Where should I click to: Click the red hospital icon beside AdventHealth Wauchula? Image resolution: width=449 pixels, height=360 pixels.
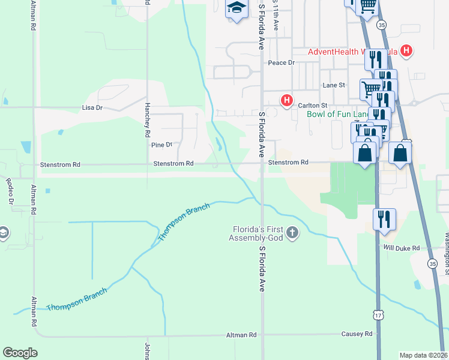pyautogui.click(x=407, y=51)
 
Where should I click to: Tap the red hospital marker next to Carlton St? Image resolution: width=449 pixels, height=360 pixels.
pyautogui.click(x=288, y=100)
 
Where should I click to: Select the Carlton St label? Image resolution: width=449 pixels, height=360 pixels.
pyautogui.click(x=312, y=105)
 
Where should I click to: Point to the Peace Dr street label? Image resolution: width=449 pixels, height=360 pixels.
pyautogui.click(x=282, y=62)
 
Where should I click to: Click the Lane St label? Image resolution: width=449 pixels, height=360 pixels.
pyautogui.click(x=334, y=85)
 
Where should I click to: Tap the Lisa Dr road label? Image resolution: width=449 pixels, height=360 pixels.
pyautogui.click(x=92, y=108)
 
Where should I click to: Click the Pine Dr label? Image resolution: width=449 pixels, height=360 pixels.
pyautogui.click(x=161, y=145)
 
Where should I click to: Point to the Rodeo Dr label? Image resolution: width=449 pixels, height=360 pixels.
pyautogui.click(x=9, y=191)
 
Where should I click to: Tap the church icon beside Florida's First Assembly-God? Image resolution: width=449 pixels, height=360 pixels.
pyautogui.click(x=292, y=232)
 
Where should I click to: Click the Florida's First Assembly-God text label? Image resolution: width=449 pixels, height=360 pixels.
pyautogui.click(x=259, y=233)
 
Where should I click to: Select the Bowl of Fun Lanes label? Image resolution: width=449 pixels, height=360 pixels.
pyautogui.click(x=338, y=114)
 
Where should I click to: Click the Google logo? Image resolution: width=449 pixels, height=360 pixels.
pyautogui.click(x=20, y=353)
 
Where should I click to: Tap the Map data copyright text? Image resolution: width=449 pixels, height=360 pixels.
pyautogui.click(x=424, y=355)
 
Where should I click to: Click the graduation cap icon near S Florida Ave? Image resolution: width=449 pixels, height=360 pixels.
pyautogui.click(x=237, y=8)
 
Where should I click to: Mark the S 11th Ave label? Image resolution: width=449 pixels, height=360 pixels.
pyautogui.click(x=276, y=15)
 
